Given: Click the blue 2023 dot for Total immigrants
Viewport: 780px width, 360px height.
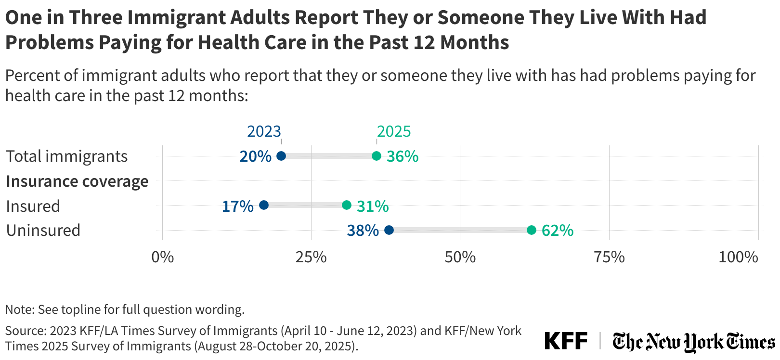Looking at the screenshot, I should tap(281, 156).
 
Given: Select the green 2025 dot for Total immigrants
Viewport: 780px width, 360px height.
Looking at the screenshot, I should tap(377, 156).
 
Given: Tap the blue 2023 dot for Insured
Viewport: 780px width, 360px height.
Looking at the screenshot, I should tap(264, 205).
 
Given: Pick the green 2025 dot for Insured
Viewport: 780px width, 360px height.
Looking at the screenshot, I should tap(347, 205).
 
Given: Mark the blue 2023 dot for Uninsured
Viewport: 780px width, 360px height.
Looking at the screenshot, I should tap(389, 230).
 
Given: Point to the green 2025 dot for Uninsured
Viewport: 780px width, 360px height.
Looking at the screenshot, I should tap(532, 230).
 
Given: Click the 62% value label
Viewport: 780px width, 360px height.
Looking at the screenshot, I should tap(558, 231).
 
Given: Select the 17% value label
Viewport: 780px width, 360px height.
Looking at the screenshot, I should tap(237, 206).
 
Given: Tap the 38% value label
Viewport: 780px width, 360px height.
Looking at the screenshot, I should tap(363, 231).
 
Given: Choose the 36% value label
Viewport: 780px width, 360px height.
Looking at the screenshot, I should tap(403, 156).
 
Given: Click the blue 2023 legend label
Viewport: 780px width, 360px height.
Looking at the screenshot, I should tap(264, 131).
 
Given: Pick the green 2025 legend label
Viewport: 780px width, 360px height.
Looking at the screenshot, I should tap(394, 131).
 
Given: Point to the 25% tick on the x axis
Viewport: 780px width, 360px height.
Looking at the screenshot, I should tap(311, 257).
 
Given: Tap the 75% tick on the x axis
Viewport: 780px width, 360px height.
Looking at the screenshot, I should tap(609, 257).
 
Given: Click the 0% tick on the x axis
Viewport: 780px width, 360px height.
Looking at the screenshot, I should tap(163, 257).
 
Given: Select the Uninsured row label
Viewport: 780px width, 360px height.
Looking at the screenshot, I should tap(43, 230).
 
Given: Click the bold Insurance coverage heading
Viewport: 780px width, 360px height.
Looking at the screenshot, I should tap(77, 181).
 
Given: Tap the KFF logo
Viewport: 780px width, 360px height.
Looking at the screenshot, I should tap(566, 341).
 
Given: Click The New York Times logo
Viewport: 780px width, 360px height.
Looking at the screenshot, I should tap(693, 342).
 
